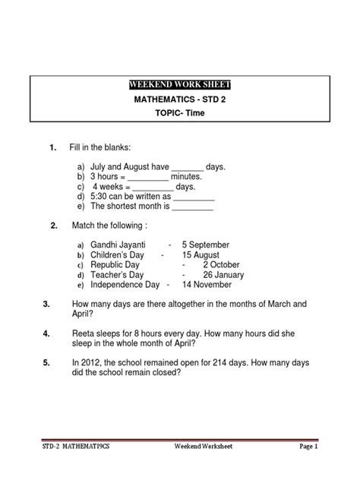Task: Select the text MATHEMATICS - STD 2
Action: point(179,99)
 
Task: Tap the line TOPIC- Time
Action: point(179,113)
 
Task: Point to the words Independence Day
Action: point(125,285)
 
